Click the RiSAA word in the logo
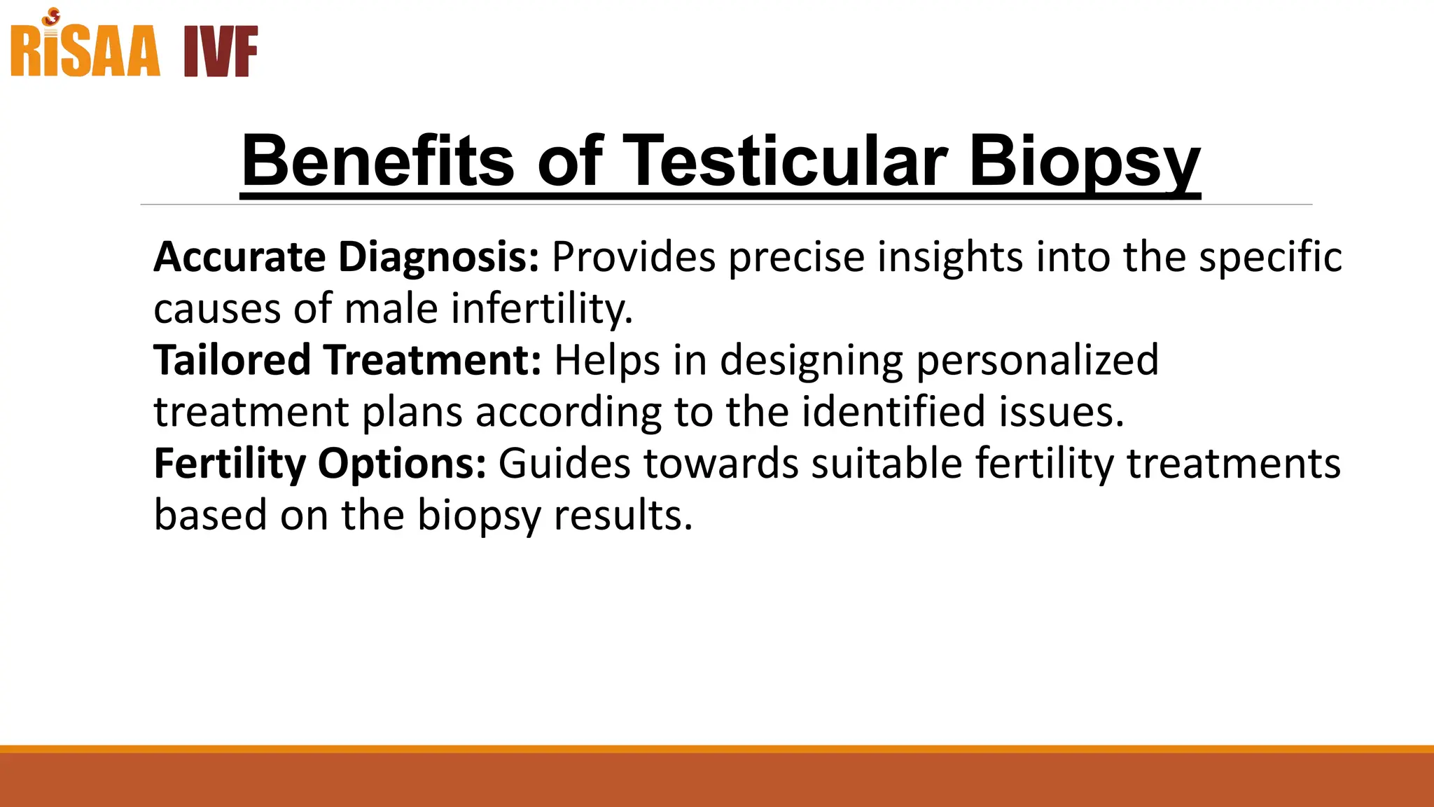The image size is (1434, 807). (85, 52)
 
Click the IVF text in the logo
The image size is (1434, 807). (221, 52)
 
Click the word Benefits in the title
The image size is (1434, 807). (378, 161)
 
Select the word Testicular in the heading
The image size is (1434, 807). (784, 161)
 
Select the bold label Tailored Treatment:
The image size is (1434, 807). (348, 360)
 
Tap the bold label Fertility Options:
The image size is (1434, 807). (320, 464)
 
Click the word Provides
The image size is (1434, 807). (634, 257)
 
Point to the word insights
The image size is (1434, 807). (950, 257)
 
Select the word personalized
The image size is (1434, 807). (1037, 360)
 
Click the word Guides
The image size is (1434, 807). (564, 464)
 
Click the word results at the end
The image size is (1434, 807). (622, 516)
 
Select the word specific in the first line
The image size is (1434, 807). (1269, 257)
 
